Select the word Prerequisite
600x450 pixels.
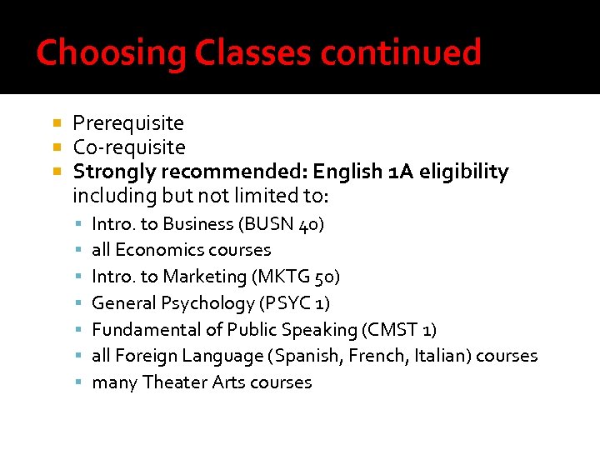[x=128, y=123]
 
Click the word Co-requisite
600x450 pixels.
[x=129, y=147]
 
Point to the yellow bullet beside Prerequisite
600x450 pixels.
[x=57, y=123]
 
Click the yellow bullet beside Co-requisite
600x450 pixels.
[x=57, y=147]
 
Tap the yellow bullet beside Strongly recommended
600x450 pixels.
[x=57, y=172]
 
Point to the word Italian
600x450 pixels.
[x=447, y=356]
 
